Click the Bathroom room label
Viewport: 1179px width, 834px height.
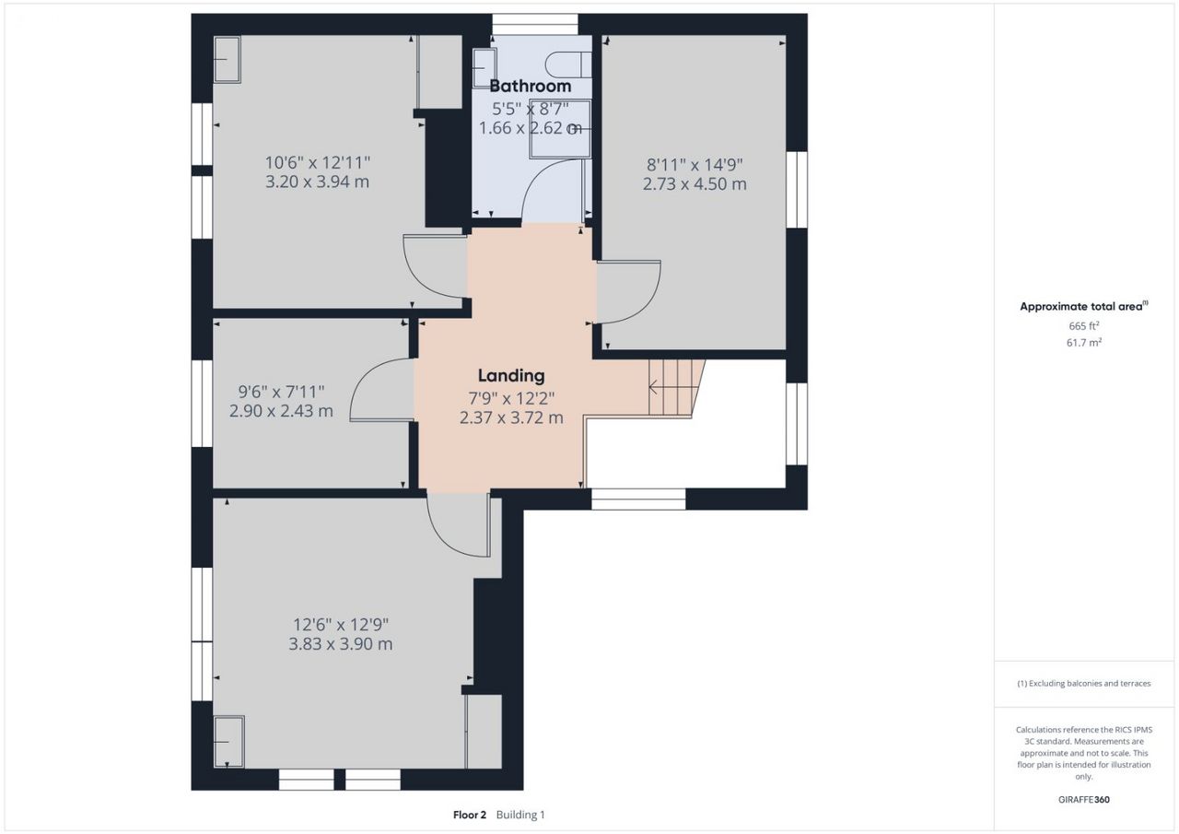coord(530,86)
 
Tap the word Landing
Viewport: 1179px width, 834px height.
coord(511,375)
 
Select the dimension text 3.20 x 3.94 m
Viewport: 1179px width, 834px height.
coord(318,182)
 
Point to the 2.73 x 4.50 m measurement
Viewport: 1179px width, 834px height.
coord(695,183)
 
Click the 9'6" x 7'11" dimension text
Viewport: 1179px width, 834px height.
coord(282,392)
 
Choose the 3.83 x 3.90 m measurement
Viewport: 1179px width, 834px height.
coord(341,644)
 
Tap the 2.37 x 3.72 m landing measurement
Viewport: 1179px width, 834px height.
coord(511,417)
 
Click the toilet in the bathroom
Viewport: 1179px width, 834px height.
coord(568,65)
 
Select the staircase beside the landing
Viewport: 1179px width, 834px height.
coord(677,388)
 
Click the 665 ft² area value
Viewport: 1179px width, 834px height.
coord(1084,326)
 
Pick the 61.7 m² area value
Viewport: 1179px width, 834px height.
coord(1084,343)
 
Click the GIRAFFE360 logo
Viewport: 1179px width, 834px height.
coord(1084,799)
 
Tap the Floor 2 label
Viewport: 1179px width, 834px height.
coord(470,815)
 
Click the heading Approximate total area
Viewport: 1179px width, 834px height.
coord(1084,307)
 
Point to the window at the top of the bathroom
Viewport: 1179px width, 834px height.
coord(535,24)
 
